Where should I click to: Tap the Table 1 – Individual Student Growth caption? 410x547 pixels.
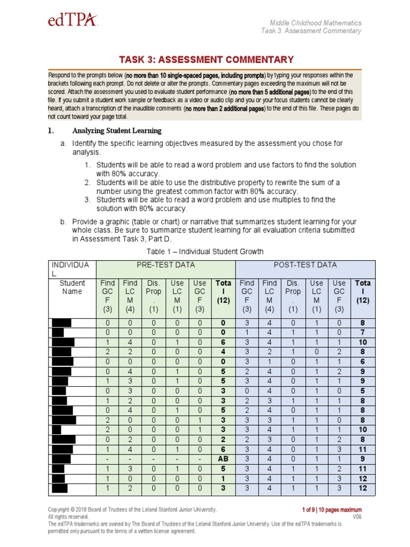(205, 252)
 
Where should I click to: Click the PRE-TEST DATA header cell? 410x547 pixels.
(165, 265)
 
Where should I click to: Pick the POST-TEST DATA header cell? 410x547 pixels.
(305, 265)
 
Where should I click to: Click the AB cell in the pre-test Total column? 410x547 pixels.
(223, 459)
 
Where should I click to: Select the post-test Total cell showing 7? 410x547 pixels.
(363, 333)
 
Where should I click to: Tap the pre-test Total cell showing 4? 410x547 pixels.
(223, 352)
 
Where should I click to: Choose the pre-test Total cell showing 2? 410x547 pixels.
(223, 440)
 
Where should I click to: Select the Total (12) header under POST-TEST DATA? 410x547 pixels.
(363, 292)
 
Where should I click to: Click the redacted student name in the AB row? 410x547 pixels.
(61, 459)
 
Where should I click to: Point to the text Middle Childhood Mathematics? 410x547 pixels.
(315, 23)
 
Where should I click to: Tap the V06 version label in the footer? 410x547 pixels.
(357, 517)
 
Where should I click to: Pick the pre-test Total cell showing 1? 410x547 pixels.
(223, 479)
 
